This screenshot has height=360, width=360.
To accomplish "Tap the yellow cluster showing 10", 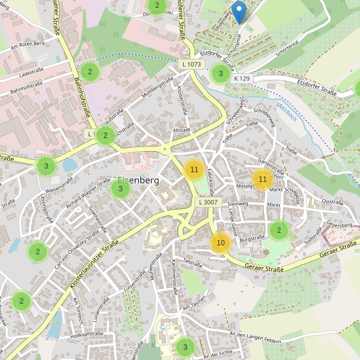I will pyautogui.click(x=221, y=242).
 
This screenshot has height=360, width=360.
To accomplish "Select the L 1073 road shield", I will pyautogui.click(x=191, y=64).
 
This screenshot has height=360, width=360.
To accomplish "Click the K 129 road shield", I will pyautogui.click(x=242, y=79).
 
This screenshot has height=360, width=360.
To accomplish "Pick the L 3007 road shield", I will pyautogui.click(x=208, y=203).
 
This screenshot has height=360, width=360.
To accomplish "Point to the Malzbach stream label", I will pyautogui.click(x=287, y=112).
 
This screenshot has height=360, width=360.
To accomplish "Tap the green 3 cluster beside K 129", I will pyautogui.click(x=220, y=74).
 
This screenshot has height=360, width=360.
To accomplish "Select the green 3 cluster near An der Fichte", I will pyautogui.click(x=185, y=347).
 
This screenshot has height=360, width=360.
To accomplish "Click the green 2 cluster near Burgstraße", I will pyautogui.click(x=278, y=230).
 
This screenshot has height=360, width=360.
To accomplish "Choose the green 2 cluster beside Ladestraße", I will pyautogui.click(x=90, y=73).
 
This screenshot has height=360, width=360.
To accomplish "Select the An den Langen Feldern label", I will pyautogui.click(x=255, y=338).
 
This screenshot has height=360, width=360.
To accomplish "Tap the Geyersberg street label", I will pyautogui.click(x=338, y=224).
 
